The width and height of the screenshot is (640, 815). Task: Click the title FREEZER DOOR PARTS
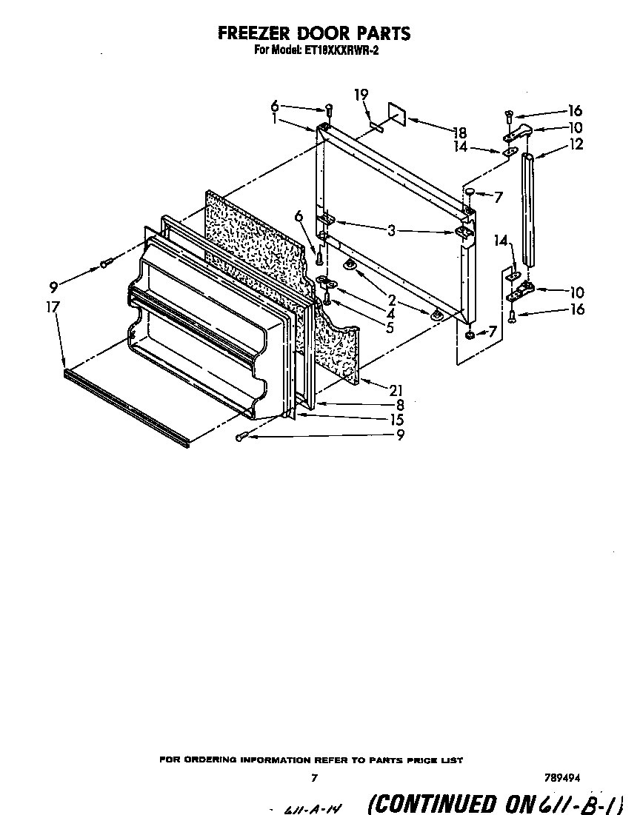pyautogui.click(x=313, y=33)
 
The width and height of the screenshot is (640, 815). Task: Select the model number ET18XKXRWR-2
pyautogui.click(x=343, y=51)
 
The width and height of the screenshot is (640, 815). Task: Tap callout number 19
pyautogui.click(x=361, y=95)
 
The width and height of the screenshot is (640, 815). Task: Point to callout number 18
pyautogui.click(x=459, y=133)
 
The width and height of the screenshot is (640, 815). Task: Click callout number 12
pyautogui.click(x=576, y=144)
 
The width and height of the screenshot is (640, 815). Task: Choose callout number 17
pyautogui.click(x=53, y=306)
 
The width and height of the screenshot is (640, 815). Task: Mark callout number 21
pyautogui.click(x=396, y=390)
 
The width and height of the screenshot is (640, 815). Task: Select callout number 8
pyautogui.click(x=399, y=405)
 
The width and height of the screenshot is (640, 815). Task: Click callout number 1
pyautogui.click(x=276, y=118)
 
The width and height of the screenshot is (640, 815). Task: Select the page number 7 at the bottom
pyautogui.click(x=314, y=778)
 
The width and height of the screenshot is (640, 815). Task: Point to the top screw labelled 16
pyautogui.click(x=509, y=114)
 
